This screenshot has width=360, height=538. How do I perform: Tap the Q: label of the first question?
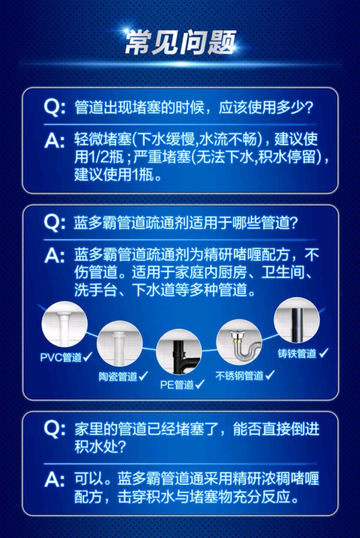pos(54,108)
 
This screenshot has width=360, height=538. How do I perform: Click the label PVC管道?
pos(61,357)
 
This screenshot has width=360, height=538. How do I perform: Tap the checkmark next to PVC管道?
pos(88,357)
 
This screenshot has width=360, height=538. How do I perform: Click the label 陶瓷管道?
pos(118,376)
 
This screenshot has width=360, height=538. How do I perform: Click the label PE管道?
pos(177,384)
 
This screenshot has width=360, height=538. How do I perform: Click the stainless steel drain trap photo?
pos(239,344)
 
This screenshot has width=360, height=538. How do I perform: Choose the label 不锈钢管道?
pos(239,375)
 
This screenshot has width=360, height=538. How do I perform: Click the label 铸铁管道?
pos(297,353)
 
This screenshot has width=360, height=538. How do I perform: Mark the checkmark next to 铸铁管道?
pos(323,353)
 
